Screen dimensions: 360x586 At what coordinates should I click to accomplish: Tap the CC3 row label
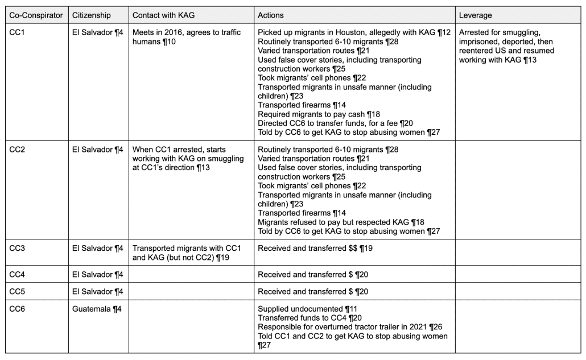click(x=17, y=248)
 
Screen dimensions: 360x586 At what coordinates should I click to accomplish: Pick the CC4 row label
click(x=17, y=274)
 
